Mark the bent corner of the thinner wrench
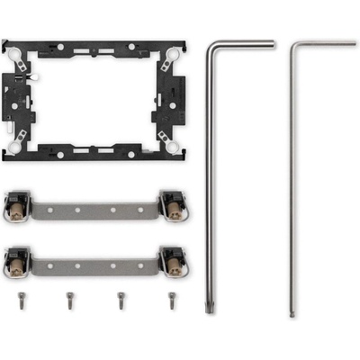[292, 44]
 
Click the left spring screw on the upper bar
[16, 208]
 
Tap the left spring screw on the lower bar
[16, 261]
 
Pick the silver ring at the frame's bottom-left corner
[18, 137]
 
